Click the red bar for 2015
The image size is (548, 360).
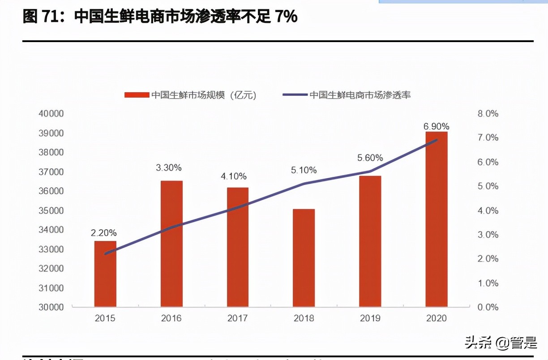pyautogui.click(x=105, y=274)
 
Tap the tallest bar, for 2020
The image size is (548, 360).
pyautogui.click(x=437, y=219)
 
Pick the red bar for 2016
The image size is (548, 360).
pyautogui.click(x=171, y=244)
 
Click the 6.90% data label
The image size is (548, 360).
pyautogui.click(x=437, y=126)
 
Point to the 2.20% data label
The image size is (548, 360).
pyautogui.click(x=104, y=233)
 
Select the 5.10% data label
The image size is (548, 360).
pyautogui.click(x=304, y=170)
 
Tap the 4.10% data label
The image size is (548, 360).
pyautogui.click(x=233, y=176)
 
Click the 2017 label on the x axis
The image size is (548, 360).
pyautogui.click(x=237, y=318)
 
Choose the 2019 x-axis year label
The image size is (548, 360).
pyautogui.click(x=370, y=318)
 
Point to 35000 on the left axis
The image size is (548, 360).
pyautogui.click(x=51, y=210)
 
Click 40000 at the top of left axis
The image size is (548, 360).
pyautogui.click(x=51, y=114)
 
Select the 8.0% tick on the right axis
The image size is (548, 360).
pyautogui.click(x=488, y=114)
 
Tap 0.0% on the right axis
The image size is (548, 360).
pyautogui.click(x=488, y=307)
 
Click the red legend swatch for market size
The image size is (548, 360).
pyautogui.click(x=136, y=95)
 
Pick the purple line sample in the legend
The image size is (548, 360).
pyautogui.click(x=295, y=95)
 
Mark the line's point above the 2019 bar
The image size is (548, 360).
pyautogui.click(x=370, y=171)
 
